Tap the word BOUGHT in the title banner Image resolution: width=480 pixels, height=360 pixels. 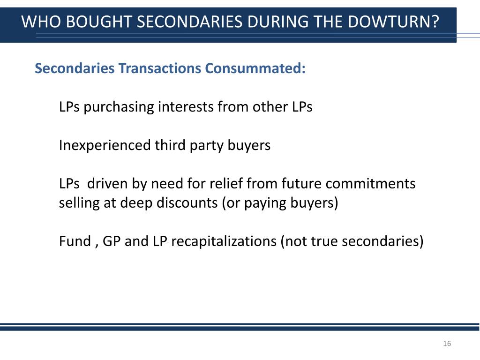tap(90, 22)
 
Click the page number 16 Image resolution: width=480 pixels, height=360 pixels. tap(447, 344)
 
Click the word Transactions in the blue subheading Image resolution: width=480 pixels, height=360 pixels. tap(160, 68)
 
